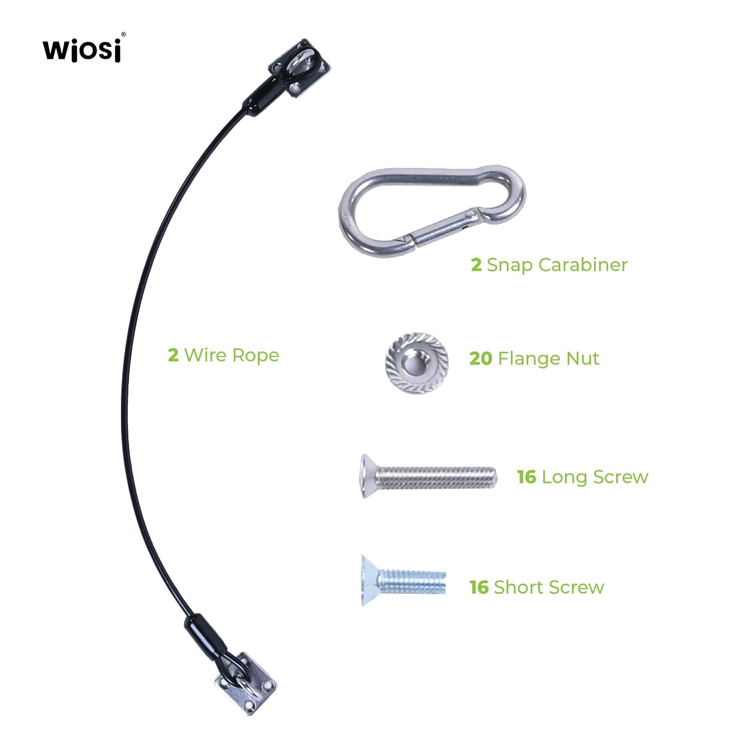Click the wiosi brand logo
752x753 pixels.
point(83,49)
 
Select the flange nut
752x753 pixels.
point(416,362)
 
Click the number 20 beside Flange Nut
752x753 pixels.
point(481,358)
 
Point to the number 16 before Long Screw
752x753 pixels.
point(527,477)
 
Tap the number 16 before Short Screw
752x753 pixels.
point(479,587)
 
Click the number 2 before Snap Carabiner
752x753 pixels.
point(476,265)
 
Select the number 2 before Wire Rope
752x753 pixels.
point(173,355)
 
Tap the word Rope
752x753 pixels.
point(255,355)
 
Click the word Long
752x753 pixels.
point(564,477)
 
